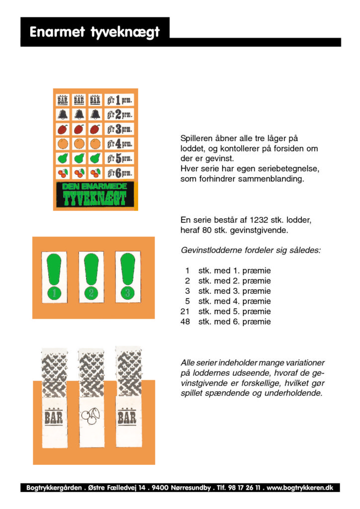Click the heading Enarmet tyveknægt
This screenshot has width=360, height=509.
pos(94,32)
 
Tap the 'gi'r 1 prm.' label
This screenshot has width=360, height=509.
pos(119,100)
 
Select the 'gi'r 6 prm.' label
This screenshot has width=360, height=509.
pos(119,173)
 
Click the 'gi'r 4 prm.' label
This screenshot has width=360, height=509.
pos(119,144)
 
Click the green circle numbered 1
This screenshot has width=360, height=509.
pos(54,293)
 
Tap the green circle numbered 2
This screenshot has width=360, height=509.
pos(91,293)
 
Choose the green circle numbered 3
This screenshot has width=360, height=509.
pos(128,293)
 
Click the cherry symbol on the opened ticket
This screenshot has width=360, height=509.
pos(90,417)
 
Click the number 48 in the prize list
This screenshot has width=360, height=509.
pos(185,322)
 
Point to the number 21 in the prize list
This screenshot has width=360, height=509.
pos(185,312)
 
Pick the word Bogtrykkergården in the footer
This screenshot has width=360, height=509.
pos(53,488)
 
